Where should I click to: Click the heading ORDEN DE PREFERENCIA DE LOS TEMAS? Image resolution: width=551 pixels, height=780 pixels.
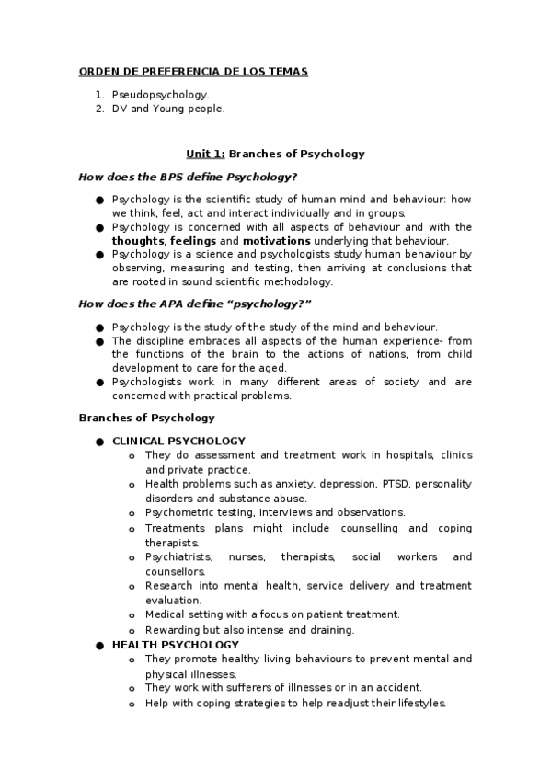(193, 72)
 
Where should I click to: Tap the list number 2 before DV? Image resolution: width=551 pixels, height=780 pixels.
(100, 109)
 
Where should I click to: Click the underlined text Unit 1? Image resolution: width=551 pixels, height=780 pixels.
(205, 155)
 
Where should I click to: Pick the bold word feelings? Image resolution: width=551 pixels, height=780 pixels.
(193, 240)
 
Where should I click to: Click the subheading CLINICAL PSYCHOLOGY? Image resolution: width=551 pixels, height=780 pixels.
(178, 442)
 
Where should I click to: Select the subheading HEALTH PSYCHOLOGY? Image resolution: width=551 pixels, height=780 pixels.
(175, 645)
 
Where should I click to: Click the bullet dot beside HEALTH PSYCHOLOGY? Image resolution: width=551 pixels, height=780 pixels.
(98, 646)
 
